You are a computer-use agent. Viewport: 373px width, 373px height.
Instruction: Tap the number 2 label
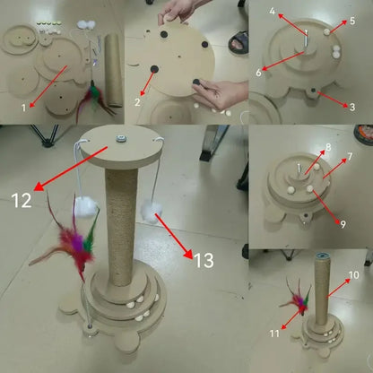(137, 103)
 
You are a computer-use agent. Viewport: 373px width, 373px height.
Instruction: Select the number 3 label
(352, 107)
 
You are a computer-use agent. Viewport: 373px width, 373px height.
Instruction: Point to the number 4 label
(273, 11)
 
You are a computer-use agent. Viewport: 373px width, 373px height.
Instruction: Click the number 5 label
(351, 20)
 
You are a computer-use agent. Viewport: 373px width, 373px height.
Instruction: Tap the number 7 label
(351, 156)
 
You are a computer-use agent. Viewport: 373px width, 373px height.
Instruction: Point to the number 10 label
(353, 273)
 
